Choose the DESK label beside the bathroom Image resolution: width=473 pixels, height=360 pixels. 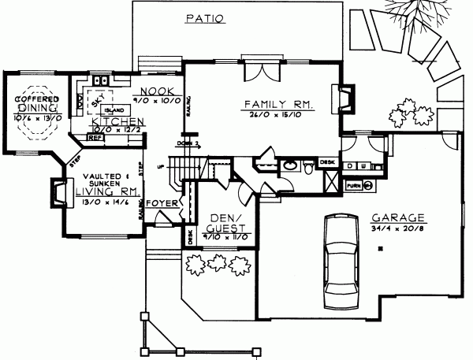[326, 161]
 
